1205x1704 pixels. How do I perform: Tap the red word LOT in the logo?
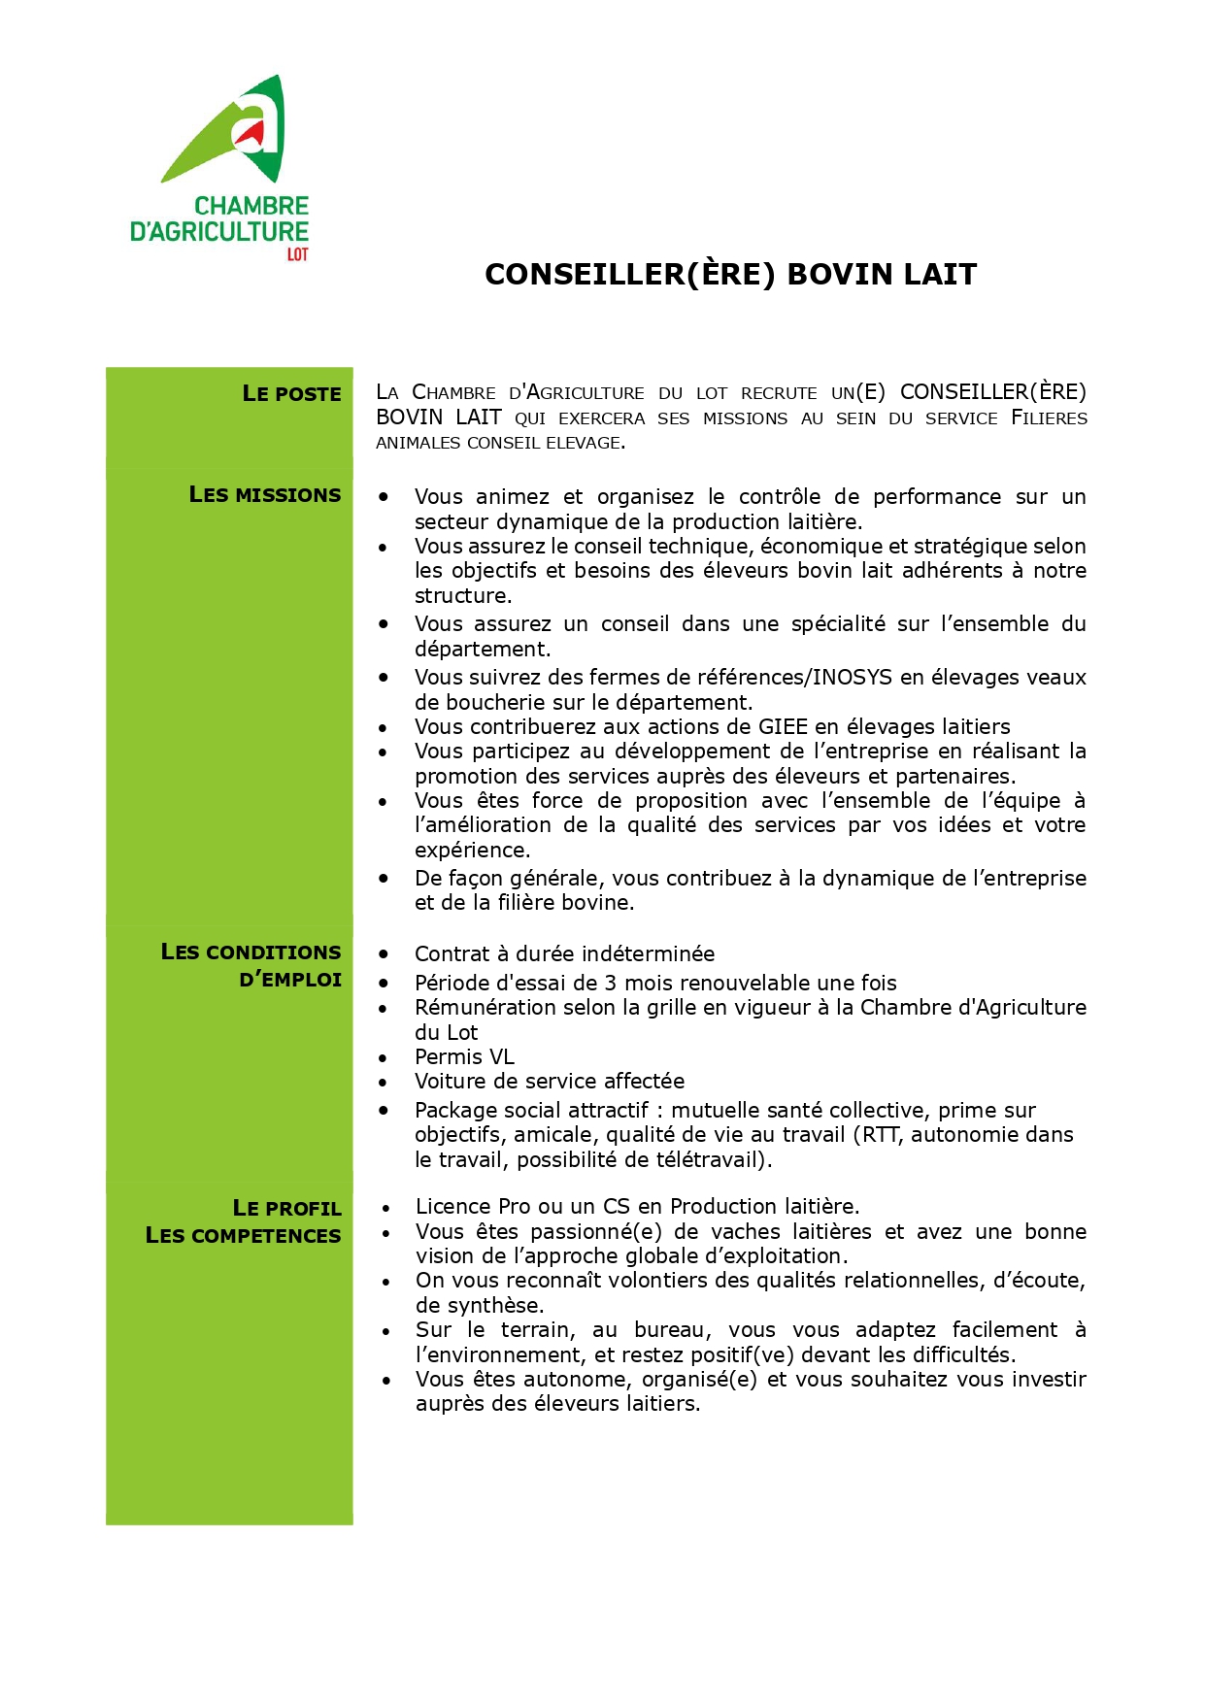click(297, 254)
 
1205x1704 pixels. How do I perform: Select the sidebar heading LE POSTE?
click(291, 394)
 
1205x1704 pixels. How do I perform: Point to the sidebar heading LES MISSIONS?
click(265, 495)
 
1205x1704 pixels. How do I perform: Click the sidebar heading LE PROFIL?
click(286, 1209)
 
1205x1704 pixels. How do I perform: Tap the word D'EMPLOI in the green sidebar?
click(290, 980)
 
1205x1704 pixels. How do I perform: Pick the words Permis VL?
click(464, 1057)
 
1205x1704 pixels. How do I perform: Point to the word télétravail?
click(712, 1160)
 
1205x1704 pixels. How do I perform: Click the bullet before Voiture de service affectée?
click(384, 1083)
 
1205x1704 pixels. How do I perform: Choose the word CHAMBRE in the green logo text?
click(251, 206)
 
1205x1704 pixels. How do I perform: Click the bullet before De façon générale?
click(384, 878)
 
